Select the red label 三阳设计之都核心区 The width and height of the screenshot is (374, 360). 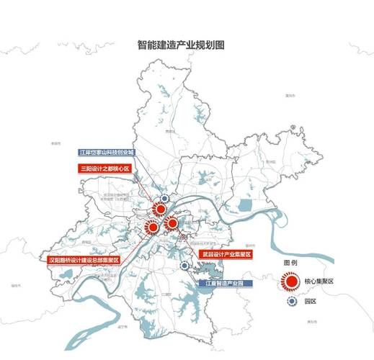(x=104, y=169)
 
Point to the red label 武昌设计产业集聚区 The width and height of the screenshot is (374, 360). (x=225, y=255)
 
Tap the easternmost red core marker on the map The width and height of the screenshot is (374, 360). (x=172, y=223)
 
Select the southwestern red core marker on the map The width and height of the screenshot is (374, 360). (x=152, y=228)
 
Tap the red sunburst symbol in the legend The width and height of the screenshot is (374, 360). (x=291, y=282)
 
